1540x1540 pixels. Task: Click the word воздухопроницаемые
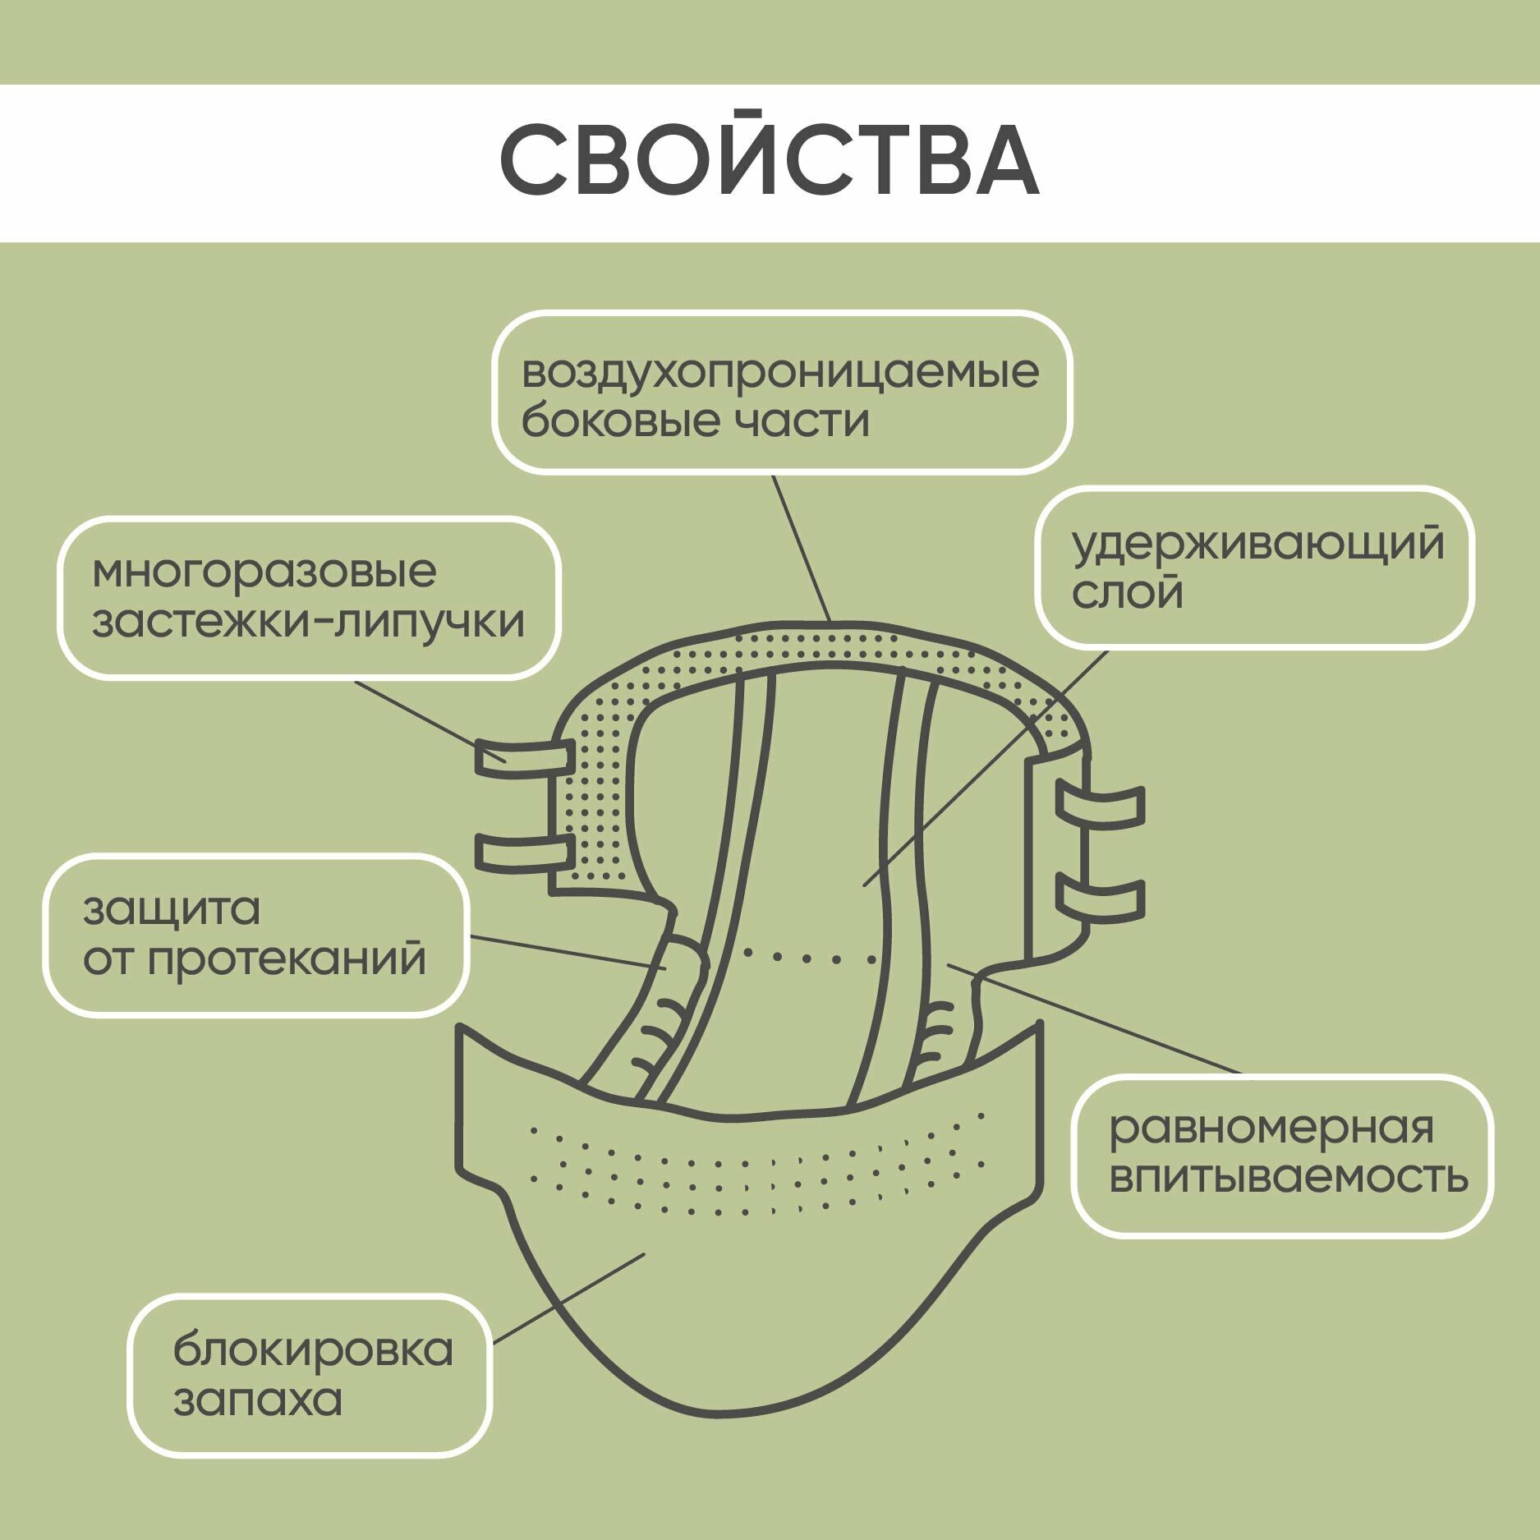pos(780,373)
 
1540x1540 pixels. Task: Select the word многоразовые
pos(264,572)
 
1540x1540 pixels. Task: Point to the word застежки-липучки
pos(308,622)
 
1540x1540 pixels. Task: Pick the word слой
pos(1127,592)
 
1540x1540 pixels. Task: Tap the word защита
pos(172,910)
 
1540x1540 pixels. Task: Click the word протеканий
pos(287,959)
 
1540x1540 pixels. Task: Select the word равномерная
pos(1271,1129)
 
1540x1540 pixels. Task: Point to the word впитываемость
pos(1288,1177)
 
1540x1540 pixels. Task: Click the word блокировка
pos(313,1350)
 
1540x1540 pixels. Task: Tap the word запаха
pos(257,1400)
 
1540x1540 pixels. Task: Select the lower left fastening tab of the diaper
pos(524,852)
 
